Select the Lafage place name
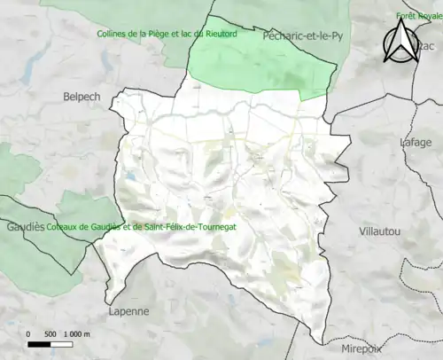[x=416, y=142]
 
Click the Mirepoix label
[x=359, y=350]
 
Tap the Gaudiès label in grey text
[x=26, y=227]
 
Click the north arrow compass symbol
[x=402, y=42]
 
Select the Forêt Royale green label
[x=419, y=16]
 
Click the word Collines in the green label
[x=115, y=35]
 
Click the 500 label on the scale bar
[x=51, y=333]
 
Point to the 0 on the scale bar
[x=29, y=333]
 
